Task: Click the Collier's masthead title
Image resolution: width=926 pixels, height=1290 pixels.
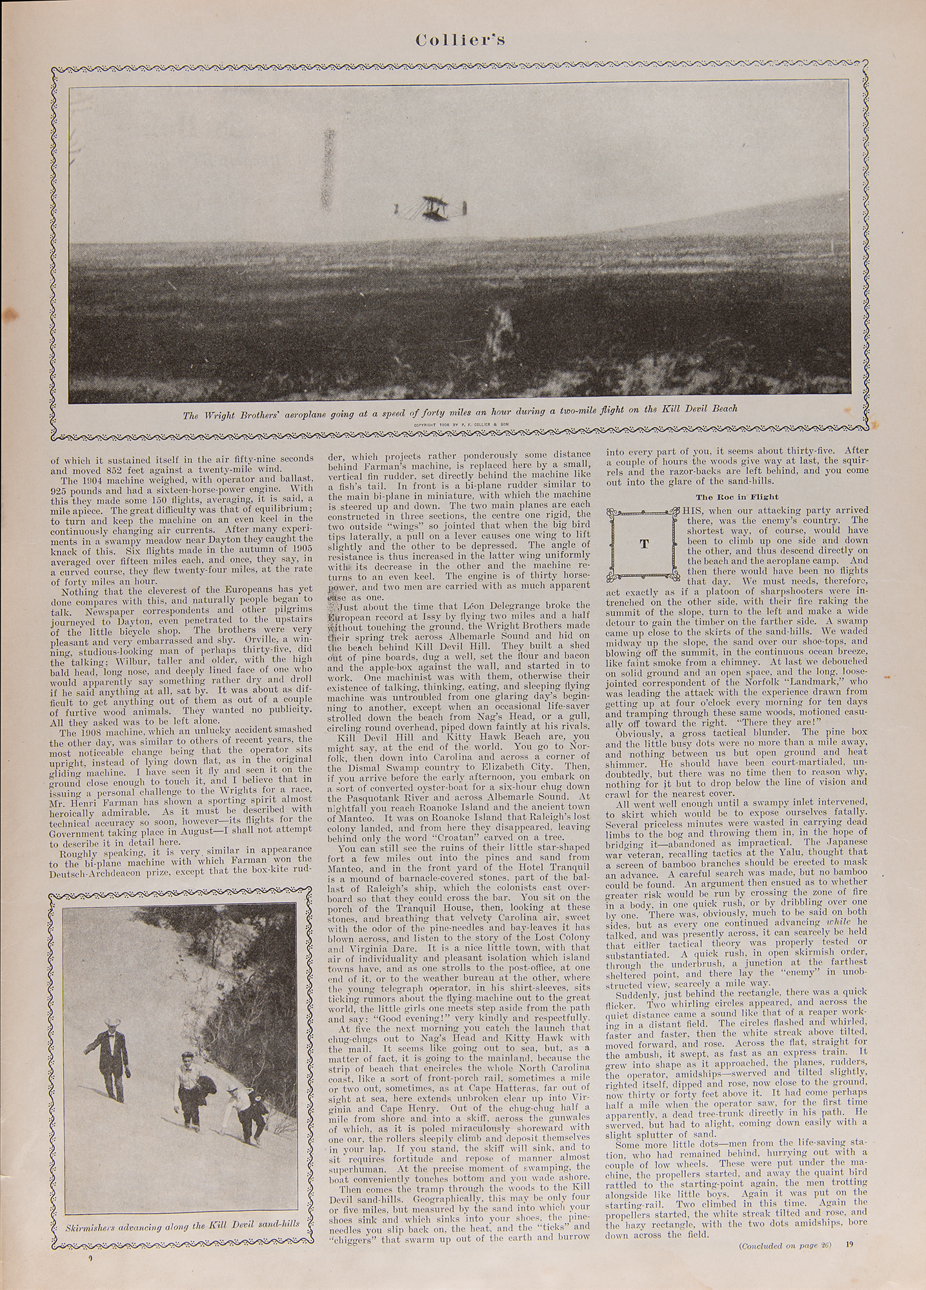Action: pyautogui.click(x=460, y=39)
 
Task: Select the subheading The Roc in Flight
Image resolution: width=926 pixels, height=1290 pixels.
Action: pyautogui.click(x=727, y=496)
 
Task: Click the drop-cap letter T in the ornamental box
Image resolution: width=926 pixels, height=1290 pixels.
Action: pyautogui.click(x=643, y=544)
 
